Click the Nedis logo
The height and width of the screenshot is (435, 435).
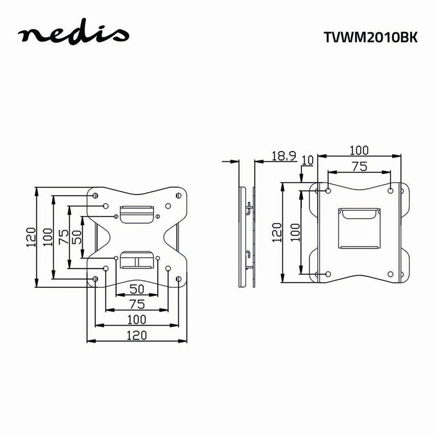pos(73,35)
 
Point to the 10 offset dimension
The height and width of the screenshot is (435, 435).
pos(307,160)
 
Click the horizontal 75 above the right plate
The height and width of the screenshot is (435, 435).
pos(359,166)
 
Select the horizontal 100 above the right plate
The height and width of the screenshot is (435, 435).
pos(359,150)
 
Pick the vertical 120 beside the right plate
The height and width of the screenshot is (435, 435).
pos(278,232)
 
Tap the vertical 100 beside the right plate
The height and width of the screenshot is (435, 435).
pos(295,232)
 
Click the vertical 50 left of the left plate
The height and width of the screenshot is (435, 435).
pos(76,237)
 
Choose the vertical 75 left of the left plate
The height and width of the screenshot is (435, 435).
pos(62,237)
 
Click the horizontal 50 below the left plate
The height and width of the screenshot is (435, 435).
pos(137,288)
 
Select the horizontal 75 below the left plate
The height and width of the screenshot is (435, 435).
pos(137,304)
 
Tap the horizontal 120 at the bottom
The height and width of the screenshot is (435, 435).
pos(137,335)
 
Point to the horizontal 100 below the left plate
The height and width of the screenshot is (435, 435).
pos(137,319)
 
